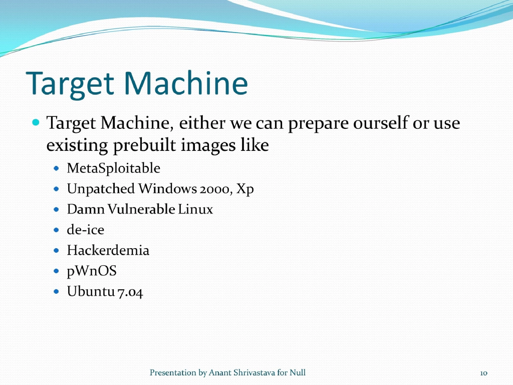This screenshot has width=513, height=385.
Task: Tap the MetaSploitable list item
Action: click(x=114, y=168)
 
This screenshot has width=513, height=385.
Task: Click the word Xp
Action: click(x=245, y=189)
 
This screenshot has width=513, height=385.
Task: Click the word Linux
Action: click(x=196, y=209)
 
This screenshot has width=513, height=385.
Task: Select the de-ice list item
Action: click(x=85, y=230)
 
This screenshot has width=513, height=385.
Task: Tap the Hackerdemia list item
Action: click(x=108, y=250)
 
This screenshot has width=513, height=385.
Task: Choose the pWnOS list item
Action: click(x=92, y=271)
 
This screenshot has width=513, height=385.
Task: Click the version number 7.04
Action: click(x=129, y=292)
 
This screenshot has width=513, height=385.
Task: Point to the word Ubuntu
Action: click(x=90, y=292)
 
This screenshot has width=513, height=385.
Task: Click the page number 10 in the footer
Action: click(x=483, y=373)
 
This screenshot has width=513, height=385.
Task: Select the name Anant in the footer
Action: click(x=220, y=372)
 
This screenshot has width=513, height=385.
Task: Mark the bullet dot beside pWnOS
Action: click(x=57, y=271)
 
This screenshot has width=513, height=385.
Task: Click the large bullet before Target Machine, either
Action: click(x=35, y=122)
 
